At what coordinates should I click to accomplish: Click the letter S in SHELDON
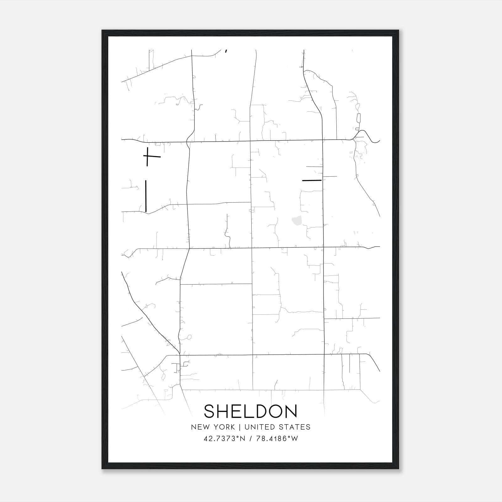[210, 411]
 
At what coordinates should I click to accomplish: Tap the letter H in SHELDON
[225, 411]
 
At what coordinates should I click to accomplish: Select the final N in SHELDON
[291, 411]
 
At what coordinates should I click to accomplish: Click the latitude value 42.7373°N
[224, 439]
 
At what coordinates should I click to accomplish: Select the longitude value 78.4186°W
[277, 439]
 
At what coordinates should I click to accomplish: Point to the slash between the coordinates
[251, 439]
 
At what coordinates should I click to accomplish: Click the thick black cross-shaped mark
[147, 156]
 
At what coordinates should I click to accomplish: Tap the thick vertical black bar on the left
[146, 196]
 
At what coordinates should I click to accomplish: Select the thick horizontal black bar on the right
[312, 180]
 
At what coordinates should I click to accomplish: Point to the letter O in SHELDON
[275, 411]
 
